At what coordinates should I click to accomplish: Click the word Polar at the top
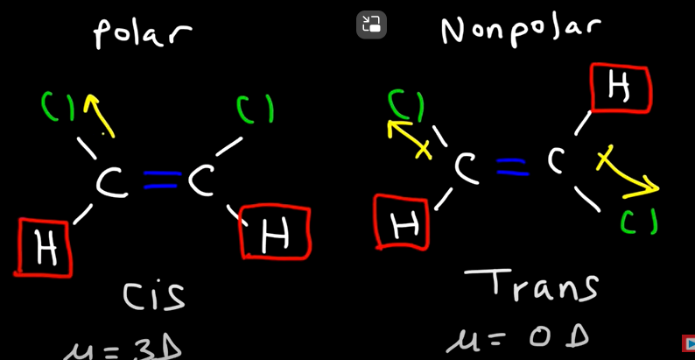click(x=142, y=33)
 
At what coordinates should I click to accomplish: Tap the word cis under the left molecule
click(x=154, y=295)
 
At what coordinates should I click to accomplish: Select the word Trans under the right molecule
click(x=532, y=286)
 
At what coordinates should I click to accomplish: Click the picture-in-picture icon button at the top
click(x=371, y=25)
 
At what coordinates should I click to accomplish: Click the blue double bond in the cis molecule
click(x=161, y=181)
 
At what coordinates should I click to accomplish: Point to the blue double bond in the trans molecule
click(x=510, y=166)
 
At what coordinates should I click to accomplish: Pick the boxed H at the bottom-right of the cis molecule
click(x=275, y=233)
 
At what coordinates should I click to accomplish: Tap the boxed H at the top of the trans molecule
click(x=620, y=88)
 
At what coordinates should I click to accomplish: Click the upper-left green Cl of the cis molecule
click(x=59, y=108)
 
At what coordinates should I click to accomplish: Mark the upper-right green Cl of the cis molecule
click(x=255, y=109)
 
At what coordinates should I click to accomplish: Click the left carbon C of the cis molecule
click(x=111, y=183)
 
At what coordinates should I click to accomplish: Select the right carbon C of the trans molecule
click(x=558, y=160)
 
